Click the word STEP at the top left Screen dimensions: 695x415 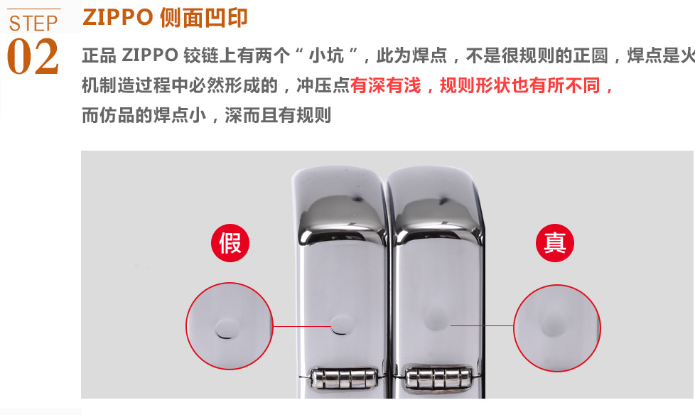point(33,23)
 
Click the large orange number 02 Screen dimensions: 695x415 point(33,56)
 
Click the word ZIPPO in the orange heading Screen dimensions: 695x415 point(118,18)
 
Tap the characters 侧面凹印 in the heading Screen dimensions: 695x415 point(203,18)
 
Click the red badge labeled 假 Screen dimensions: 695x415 point(230,243)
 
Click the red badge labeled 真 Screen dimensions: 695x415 point(555,243)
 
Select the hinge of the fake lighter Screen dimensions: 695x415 point(343,378)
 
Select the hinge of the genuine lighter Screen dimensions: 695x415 point(438,377)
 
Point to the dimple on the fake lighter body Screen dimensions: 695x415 point(343,325)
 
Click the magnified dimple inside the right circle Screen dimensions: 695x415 point(554,323)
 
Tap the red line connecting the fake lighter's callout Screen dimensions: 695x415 point(302,326)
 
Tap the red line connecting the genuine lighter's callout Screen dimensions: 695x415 point(482,325)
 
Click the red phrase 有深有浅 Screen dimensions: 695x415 point(386,85)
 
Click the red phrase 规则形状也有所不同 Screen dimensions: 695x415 point(520,85)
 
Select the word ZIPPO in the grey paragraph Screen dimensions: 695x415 point(150,55)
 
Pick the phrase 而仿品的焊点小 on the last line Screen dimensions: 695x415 point(144,115)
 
